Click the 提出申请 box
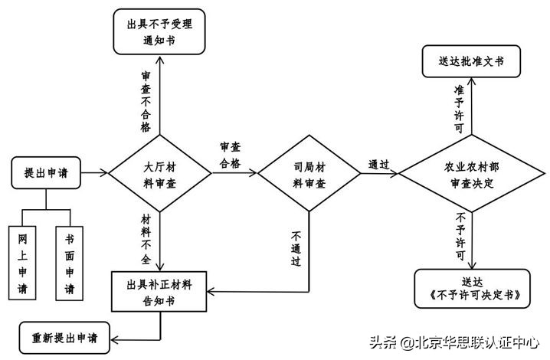tap(47, 173)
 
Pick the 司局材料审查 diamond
tap(309, 175)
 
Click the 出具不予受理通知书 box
tap(160, 31)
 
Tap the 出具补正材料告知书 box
tap(160, 292)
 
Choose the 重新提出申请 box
tap(64, 337)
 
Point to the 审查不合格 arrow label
tap(146, 101)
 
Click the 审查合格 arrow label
tap(230, 154)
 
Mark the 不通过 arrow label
tap(296, 249)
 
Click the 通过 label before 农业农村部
tap(379, 165)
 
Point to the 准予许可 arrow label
tap(458, 109)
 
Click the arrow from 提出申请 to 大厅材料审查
tap(95, 173)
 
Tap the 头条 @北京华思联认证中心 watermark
tap(455, 342)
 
